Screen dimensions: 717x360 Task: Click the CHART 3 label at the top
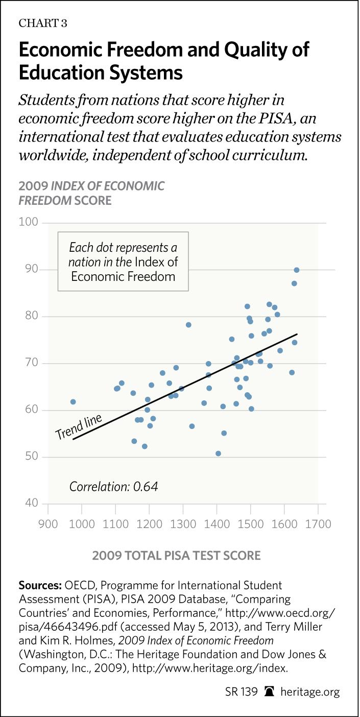pos(43,23)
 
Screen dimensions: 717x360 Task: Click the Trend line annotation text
pos(78,426)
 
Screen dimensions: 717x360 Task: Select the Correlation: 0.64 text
pos(113,486)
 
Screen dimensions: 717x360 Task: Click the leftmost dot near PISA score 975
pos(73,402)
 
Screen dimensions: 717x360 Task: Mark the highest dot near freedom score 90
pos(296,270)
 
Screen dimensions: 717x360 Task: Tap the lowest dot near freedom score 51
pos(219,453)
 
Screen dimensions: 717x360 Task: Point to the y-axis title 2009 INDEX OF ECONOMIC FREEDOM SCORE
pos(91,193)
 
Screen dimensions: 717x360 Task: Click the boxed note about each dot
pos(123,261)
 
